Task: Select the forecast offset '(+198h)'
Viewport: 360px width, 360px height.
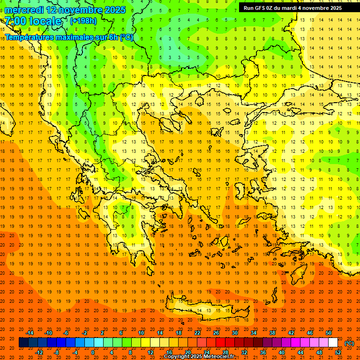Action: coord(83,21)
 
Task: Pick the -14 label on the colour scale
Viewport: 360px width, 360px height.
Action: coord(30,333)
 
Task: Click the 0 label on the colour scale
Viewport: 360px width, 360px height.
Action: coord(93,352)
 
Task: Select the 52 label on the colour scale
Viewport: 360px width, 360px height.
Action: coord(338,352)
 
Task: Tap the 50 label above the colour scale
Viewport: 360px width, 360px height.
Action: coord(329,333)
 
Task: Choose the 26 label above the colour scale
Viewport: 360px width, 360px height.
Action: coord(216,333)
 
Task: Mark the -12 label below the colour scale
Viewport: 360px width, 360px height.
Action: coord(39,352)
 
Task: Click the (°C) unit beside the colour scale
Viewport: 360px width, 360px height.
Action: coord(349,343)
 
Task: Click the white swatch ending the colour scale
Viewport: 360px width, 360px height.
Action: coord(333,343)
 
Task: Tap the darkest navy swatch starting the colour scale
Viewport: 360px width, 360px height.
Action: coord(23,343)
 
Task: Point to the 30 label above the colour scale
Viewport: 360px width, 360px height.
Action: coord(235,333)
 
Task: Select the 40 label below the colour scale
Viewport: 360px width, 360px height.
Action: coord(282,352)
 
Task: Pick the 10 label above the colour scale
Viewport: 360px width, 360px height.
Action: coord(141,333)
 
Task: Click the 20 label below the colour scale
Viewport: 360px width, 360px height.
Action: coord(187,352)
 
